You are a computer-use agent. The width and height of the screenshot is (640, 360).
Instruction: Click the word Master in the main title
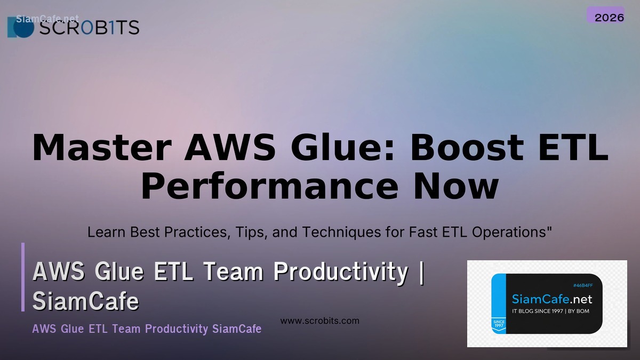click(x=101, y=148)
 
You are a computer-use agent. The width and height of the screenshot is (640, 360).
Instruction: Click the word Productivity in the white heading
click(x=341, y=271)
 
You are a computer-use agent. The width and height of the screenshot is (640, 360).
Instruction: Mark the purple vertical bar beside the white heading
click(x=23, y=277)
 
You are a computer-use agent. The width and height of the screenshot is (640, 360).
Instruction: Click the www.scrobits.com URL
click(x=320, y=321)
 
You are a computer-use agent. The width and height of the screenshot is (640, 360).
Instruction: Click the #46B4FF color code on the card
click(x=583, y=285)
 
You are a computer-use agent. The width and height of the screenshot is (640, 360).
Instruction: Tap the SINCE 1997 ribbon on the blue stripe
click(x=499, y=325)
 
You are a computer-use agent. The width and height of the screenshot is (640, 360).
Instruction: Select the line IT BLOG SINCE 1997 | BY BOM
click(x=550, y=311)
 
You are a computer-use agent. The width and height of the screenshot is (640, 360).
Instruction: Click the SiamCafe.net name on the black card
click(x=552, y=299)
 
